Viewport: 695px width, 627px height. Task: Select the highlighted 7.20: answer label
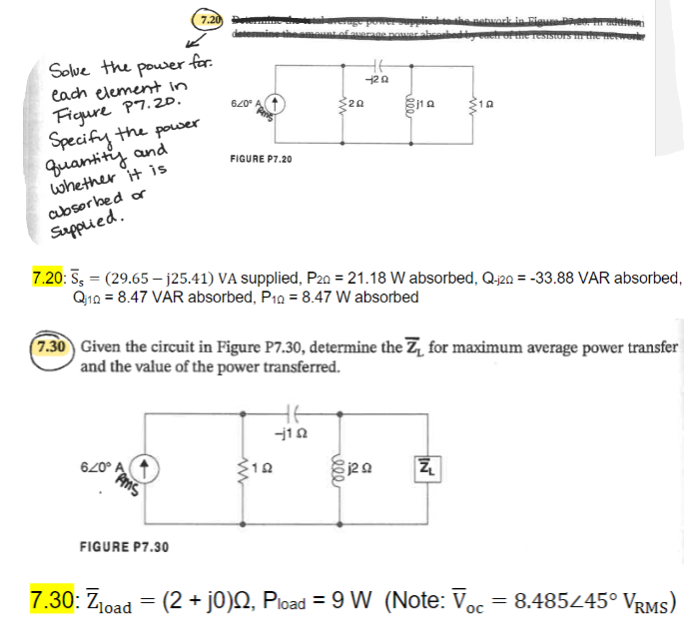46,277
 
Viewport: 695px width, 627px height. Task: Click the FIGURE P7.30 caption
123,546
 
